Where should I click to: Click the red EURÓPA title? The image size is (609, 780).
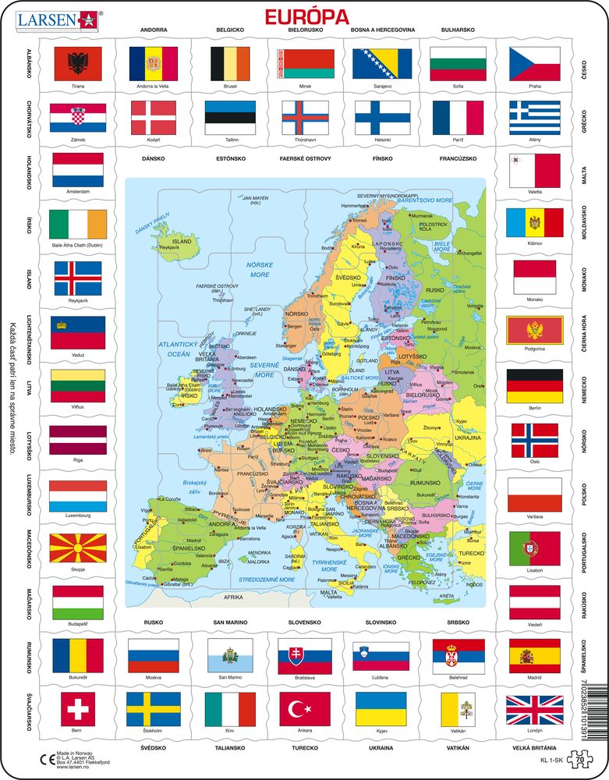coord(304,16)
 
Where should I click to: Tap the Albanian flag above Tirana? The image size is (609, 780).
coord(77,64)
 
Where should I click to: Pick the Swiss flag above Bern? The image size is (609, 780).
coord(77,708)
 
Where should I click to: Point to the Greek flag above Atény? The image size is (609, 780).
coord(534,117)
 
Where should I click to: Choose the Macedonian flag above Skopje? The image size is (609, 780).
coord(77,550)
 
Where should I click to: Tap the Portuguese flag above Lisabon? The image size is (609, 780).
coord(534,548)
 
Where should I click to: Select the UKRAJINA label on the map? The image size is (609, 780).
coord(467,437)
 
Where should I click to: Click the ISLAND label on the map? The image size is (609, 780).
coord(182,242)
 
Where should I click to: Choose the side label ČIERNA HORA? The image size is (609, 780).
coord(583,331)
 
